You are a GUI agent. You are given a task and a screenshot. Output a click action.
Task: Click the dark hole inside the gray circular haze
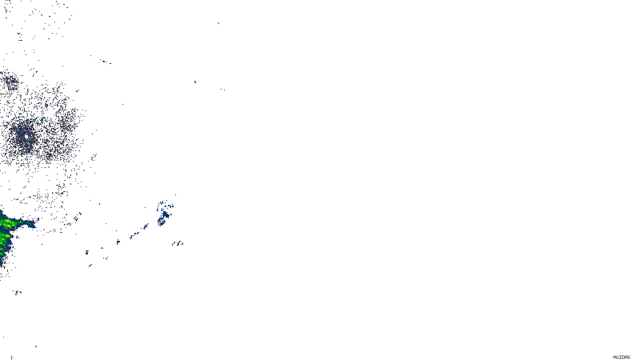coord(26,136)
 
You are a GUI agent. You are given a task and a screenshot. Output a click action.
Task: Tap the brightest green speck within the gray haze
coord(42,120)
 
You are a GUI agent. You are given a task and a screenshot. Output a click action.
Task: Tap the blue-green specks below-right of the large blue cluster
coord(178,243)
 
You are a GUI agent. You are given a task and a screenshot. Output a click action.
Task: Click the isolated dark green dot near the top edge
coord(218,23)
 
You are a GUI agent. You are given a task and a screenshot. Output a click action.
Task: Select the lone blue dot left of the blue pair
coord(195,82)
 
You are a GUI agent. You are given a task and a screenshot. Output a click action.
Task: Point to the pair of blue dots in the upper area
coord(223,90)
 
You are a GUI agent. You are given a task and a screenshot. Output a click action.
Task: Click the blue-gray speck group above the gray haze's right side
coord(105,62)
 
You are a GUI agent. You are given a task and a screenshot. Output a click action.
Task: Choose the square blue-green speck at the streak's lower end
coord(118,242)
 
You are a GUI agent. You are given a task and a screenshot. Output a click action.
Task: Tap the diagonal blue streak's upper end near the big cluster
coord(146,226)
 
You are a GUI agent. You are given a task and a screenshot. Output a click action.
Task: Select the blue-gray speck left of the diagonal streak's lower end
coord(87,252)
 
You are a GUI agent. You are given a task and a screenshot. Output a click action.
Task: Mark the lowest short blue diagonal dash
coord(90,265)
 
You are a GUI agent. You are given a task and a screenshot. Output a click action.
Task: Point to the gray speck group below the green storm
coord(17,292)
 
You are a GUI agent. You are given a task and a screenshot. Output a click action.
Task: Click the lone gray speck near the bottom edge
coord(36,346)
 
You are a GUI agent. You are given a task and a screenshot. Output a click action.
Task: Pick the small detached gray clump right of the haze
coord(94,157)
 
